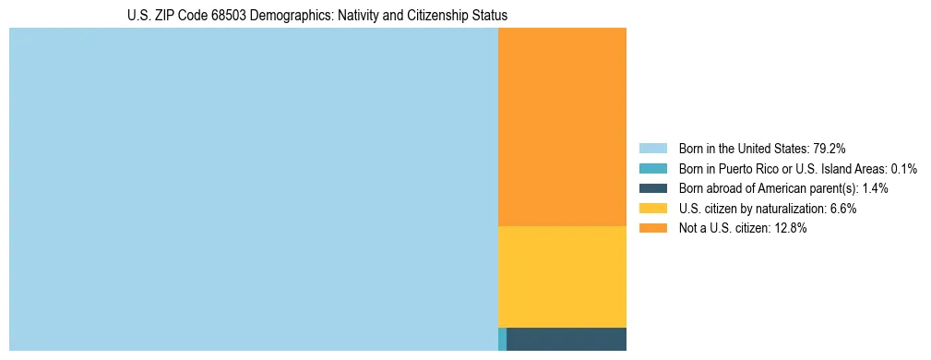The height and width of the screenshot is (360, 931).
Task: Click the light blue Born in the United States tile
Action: [253, 189]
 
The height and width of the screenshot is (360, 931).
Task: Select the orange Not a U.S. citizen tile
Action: [562, 126]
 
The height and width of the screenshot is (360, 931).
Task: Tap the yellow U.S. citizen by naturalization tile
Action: [562, 276]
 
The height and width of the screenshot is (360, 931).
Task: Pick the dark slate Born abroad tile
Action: [567, 339]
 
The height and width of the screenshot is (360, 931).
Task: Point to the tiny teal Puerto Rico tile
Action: [502, 339]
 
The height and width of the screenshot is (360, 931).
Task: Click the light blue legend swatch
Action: [653, 149]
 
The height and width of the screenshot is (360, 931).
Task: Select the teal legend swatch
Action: [653, 169]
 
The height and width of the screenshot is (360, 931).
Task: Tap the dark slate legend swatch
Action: [653, 188]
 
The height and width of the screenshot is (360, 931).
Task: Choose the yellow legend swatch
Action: [653, 209]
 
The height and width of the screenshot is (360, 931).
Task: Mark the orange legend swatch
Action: [653, 229]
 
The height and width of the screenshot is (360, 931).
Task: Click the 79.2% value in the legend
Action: [830, 149]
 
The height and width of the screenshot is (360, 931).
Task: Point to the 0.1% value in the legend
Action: [903, 169]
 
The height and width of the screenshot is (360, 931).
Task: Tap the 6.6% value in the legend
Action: [841, 209]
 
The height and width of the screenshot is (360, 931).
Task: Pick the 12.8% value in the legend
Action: [791, 229]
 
